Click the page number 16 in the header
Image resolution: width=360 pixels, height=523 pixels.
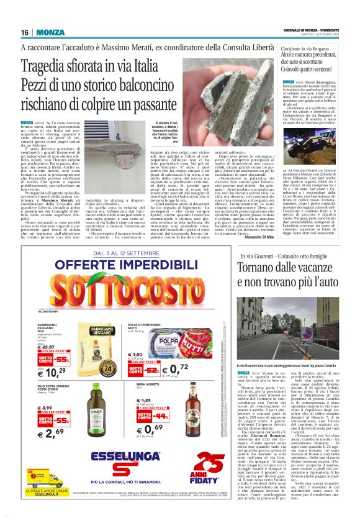(x=25, y=32)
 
